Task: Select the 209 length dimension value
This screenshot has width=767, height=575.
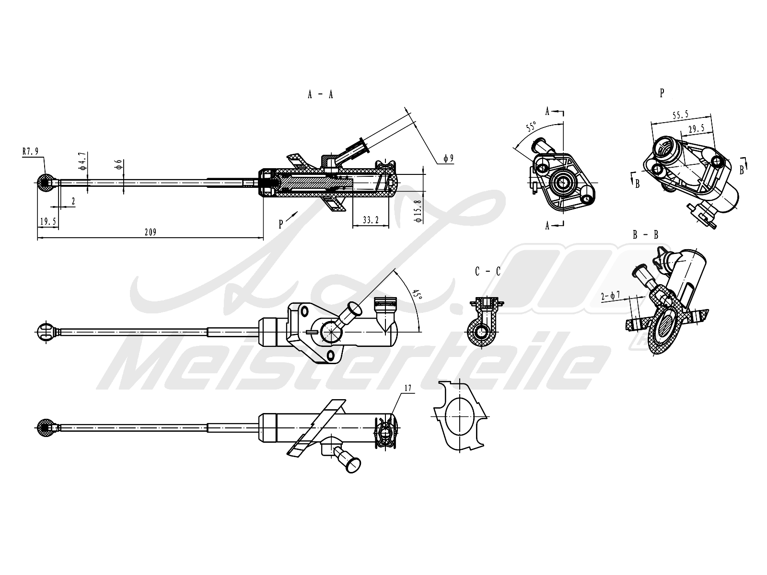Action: pos(151,232)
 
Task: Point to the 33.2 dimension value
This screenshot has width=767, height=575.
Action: pos(371,220)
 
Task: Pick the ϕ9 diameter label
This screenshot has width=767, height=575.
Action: pos(448,158)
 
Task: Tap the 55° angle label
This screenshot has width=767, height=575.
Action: pos(531,127)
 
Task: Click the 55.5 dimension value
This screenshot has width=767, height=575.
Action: pos(680,115)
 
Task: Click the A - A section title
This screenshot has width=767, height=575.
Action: pos(320,94)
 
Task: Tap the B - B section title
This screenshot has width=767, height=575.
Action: pos(645,235)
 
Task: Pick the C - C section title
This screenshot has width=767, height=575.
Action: pos(488,272)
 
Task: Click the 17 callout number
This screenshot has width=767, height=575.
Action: pos(408,389)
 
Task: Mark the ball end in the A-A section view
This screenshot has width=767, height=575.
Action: pos(46,182)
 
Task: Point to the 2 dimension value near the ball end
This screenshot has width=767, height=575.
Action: pos(73,202)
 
